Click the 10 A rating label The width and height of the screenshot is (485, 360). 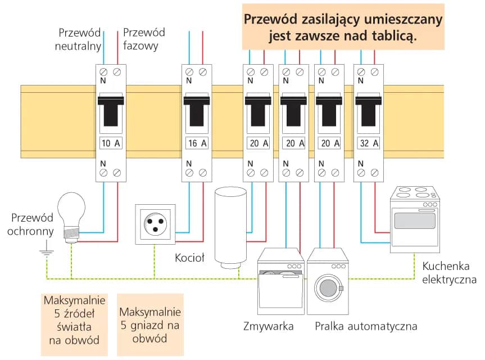(x=111, y=143)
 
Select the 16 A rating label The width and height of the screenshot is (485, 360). (x=197, y=143)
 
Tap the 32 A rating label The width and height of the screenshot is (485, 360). (x=369, y=143)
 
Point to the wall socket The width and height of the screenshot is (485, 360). (x=155, y=224)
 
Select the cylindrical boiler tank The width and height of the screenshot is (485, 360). (x=230, y=228)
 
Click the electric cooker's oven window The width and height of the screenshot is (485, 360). (x=415, y=220)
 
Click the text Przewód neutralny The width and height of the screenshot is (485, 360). (x=78, y=39)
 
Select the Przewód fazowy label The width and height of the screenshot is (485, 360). (x=144, y=39)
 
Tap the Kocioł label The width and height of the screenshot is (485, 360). (x=190, y=258)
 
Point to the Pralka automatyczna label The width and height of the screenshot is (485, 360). (x=365, y=326)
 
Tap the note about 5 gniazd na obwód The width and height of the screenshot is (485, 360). (x=149, y=325)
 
